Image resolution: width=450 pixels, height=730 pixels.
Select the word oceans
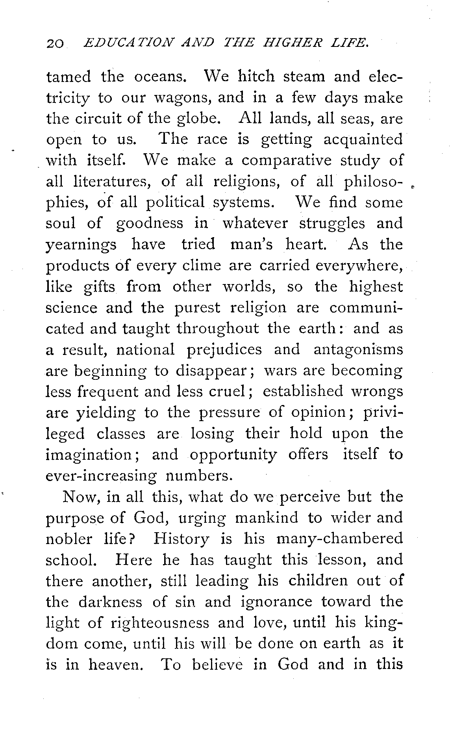tap(160, 76)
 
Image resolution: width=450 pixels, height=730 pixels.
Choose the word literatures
tap(109, 182)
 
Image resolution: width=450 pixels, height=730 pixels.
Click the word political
tap(175, 203)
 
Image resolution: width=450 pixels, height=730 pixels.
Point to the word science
tap(71, 308)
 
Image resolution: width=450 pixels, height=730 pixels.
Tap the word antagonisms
tap(358, 350)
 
